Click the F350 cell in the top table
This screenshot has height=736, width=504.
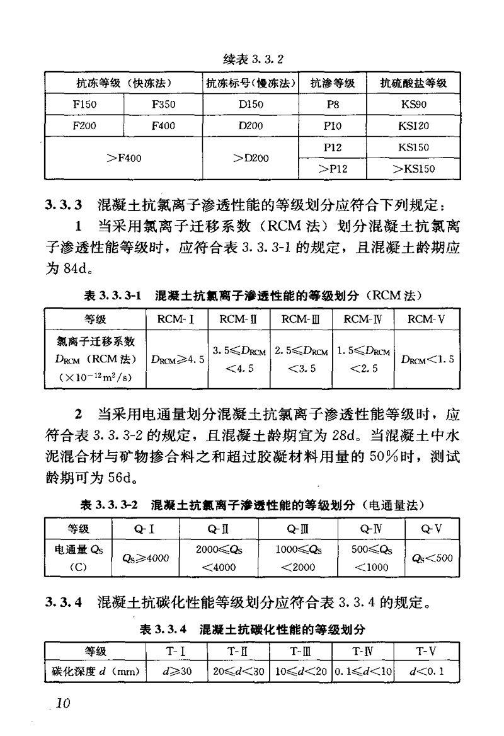point(163,105)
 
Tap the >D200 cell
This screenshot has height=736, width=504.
point(251,158)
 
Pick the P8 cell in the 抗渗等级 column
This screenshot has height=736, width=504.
point(333,105)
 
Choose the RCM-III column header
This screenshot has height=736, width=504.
point(301,319)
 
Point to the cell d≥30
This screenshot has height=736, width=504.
point(176,671)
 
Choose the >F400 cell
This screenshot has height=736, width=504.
point(123,158)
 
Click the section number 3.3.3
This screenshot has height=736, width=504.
point(63,205)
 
